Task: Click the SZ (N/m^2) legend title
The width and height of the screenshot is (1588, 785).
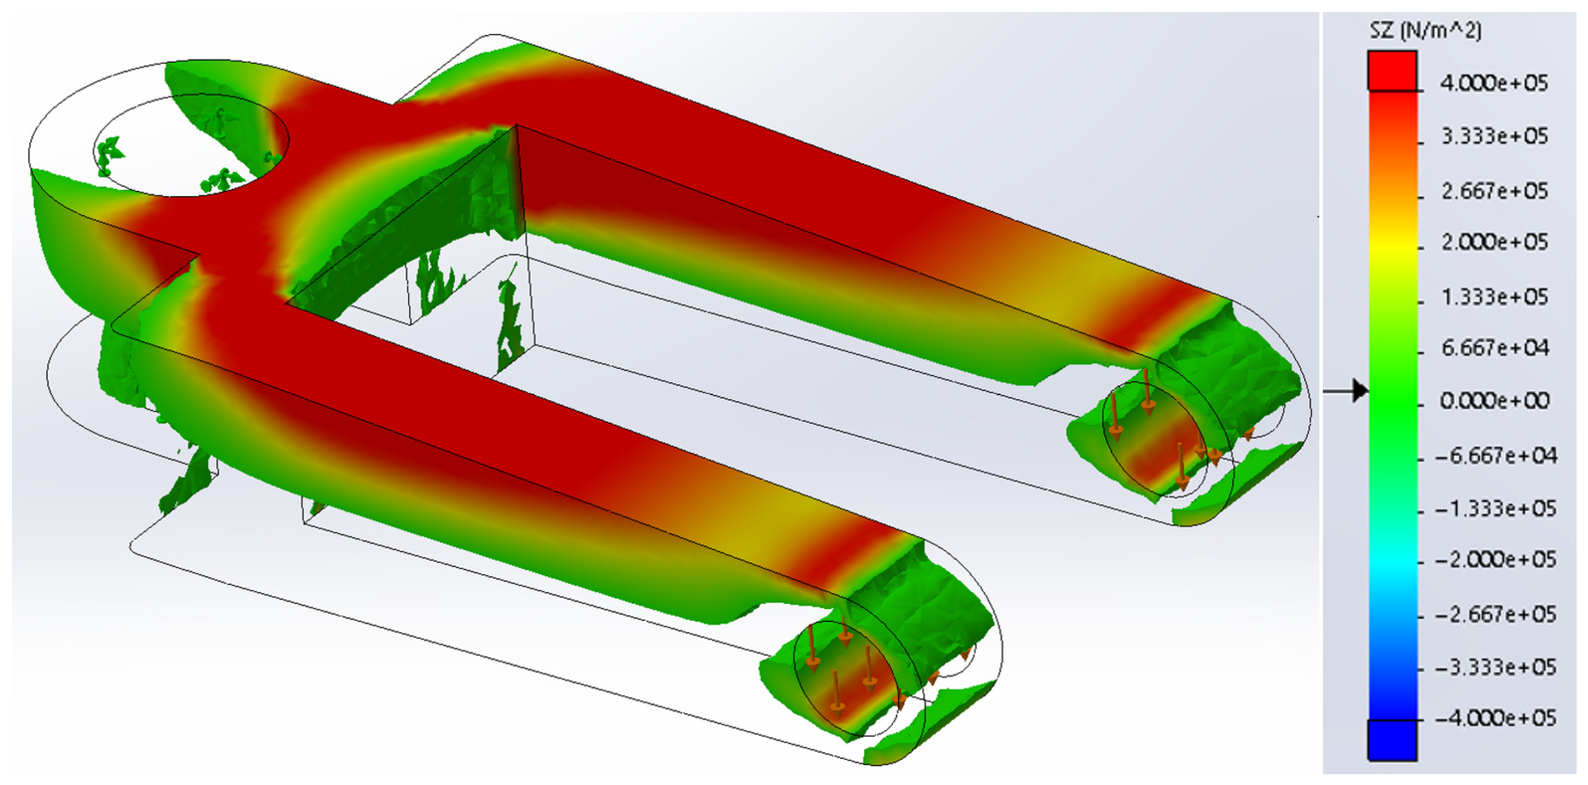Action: pos(1425,30)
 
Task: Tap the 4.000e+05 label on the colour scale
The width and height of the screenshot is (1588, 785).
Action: pos(1494,83)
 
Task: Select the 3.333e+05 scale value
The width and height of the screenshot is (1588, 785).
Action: pos(1494,135)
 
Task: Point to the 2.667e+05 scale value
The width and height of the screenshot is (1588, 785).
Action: pos(1494,190)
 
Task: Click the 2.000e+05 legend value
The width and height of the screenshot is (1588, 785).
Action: pos(1494,242)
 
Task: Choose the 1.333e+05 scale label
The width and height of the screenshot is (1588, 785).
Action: pos(1494,296)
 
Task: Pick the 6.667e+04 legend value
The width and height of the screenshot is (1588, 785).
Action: pos(1494,348)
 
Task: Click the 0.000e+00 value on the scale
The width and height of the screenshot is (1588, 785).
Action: pos(1494,400)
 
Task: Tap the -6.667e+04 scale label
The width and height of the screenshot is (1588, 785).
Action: pos(1495,455)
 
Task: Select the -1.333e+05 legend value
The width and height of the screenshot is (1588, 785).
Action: pos(1495,508)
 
